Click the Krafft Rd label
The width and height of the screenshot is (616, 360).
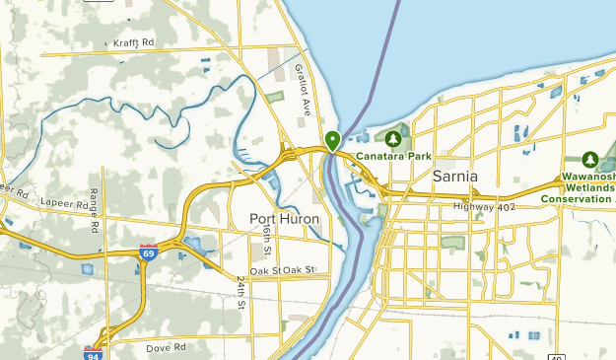pos(134,44)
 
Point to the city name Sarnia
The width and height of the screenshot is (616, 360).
pos(455,176)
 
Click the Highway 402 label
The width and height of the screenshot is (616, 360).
pos(485,206)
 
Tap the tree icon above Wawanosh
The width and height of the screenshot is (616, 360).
pos(590,159)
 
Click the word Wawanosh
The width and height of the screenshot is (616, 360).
pos(588,175)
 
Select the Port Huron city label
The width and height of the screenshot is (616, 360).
pos(286,218)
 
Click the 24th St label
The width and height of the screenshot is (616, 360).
pos(240,292)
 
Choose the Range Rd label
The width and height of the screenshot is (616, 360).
pos(95,209)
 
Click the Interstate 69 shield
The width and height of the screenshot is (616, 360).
pos(148,252)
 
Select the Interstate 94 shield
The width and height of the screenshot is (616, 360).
pos(93,353)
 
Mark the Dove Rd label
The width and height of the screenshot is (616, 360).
pos(168,347)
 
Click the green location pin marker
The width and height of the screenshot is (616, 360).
pos(333,140)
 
